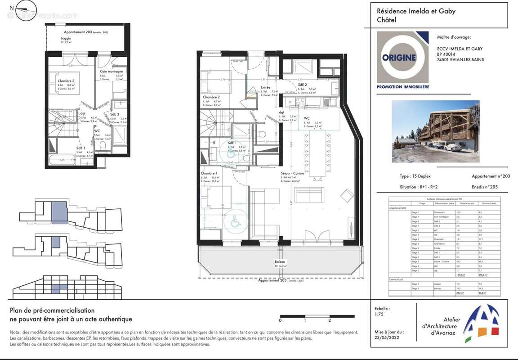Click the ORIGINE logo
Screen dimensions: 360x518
point(402,57)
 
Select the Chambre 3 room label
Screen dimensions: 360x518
point(66,81)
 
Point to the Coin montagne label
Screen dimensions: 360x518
point(111,72)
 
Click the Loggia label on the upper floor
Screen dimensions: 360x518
point(53,39)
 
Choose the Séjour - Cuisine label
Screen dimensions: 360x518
point(292,173)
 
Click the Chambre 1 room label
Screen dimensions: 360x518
point(209,173)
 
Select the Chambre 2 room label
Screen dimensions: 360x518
point(211,97)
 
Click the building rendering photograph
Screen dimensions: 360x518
point(435,131)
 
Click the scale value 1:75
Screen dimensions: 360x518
point(379,315)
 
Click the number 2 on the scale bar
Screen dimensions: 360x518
point(330,321)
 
